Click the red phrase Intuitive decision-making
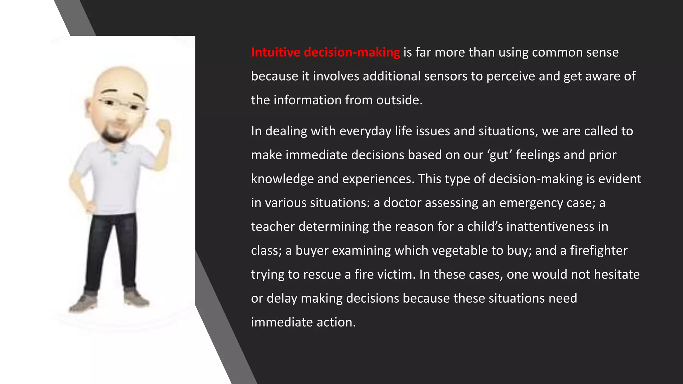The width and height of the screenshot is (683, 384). [325, 52]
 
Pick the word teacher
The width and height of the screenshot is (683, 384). [273, 227]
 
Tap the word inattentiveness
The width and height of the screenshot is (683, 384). [550, 227]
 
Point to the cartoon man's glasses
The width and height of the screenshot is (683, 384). [122, 105]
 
